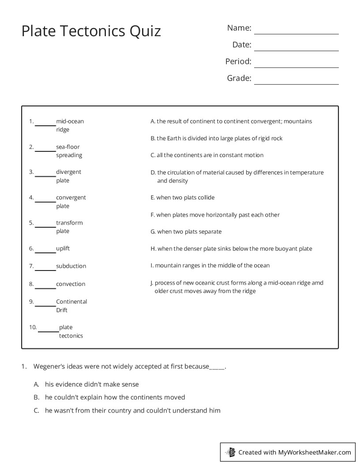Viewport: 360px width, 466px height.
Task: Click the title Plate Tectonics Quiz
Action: pos(91,31)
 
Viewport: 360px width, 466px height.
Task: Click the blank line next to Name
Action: pos(296,33)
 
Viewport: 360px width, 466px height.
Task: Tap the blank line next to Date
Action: pos(296,49)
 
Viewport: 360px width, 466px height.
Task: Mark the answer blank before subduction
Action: pos(45,269)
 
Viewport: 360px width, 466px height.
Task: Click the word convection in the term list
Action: pos(71,284)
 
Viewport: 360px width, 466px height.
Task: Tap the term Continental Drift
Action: pos(71,306)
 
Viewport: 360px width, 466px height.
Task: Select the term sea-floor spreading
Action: pos(69,151)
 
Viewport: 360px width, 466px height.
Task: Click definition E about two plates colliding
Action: pos(183,198)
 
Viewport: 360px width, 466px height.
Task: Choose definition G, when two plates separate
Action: pos(186,232)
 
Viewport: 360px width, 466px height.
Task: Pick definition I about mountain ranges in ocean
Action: pos(210,266)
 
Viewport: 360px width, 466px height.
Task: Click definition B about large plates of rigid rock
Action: pos(217,138)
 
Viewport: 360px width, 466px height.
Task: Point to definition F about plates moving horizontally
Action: pos(215,215)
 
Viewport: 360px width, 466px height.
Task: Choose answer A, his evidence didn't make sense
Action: pos(92,384)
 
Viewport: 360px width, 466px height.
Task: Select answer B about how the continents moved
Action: pos(115,397)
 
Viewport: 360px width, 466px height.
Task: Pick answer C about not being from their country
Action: pos(132,410)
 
